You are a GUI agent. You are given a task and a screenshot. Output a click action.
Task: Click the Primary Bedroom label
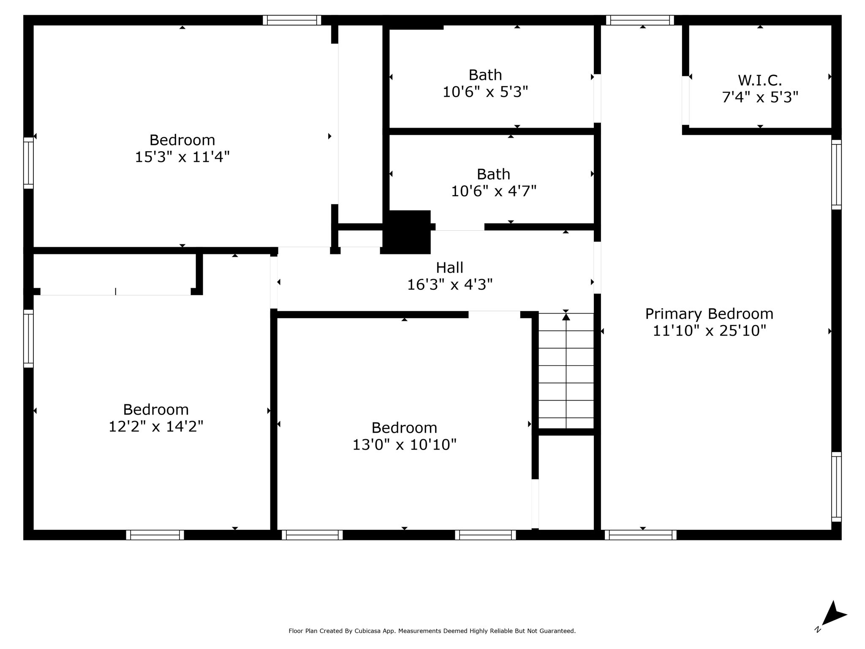[x=709, y=314]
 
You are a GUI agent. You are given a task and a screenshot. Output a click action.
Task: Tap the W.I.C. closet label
[x=760, y=80]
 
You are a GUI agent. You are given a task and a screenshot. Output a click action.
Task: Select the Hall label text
[x=449, y=267]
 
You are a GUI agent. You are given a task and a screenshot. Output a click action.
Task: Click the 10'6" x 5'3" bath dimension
[x=485, y=92]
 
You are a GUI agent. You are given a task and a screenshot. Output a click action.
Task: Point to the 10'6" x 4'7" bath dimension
[x=494, y=191]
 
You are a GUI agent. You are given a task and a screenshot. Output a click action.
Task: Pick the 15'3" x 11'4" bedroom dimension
[x=182, y=157]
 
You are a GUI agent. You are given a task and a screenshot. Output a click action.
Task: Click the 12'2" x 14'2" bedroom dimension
[x=156, y=426]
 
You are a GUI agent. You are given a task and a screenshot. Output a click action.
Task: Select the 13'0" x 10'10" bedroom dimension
[x=404, y=444]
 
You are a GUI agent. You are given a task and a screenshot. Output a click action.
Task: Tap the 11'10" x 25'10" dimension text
[x=709, y=330]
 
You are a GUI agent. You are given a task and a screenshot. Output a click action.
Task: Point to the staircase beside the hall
[x=566, y=371]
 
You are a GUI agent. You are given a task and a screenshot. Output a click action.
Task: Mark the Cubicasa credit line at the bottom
[x=432, y=631]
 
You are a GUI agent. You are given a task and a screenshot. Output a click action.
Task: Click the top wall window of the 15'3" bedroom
[x=292, y=20]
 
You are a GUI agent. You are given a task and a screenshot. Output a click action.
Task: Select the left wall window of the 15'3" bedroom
[x=28, y=163]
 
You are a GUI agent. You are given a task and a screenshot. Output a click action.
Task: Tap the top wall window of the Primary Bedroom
[x=640, y=20]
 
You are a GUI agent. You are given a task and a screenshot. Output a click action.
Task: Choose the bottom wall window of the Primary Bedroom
[x=640, y=535]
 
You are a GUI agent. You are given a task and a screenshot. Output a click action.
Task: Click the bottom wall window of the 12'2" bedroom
[x=155, y=535]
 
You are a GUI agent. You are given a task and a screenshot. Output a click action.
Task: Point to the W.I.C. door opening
[x=685, y=101]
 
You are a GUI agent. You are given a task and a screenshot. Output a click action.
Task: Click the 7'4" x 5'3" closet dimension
[x=760, y=97]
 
